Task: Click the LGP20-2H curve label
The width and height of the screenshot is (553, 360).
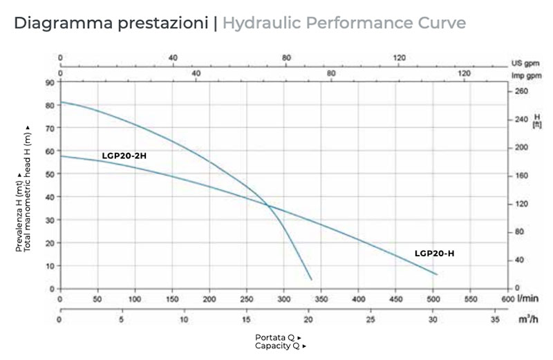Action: (124, 156)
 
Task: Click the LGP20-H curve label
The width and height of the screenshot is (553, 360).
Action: (434, 254)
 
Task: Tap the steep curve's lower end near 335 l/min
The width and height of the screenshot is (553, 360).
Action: (311, 279)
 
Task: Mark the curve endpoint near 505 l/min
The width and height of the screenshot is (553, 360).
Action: (437, 274)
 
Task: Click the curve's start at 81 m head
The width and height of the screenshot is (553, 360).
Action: (62, 102)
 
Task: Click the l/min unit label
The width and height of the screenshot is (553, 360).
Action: (527, 299)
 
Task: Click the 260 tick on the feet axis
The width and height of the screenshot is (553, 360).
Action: (521, 91)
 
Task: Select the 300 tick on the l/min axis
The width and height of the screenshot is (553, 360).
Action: (284, 299)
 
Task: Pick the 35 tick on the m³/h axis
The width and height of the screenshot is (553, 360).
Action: (494, 321)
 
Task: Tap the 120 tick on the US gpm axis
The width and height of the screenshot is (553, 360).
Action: (399, 58)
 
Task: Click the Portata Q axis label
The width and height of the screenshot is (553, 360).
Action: (278, 337)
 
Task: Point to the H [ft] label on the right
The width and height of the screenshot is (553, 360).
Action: (536, 122)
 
